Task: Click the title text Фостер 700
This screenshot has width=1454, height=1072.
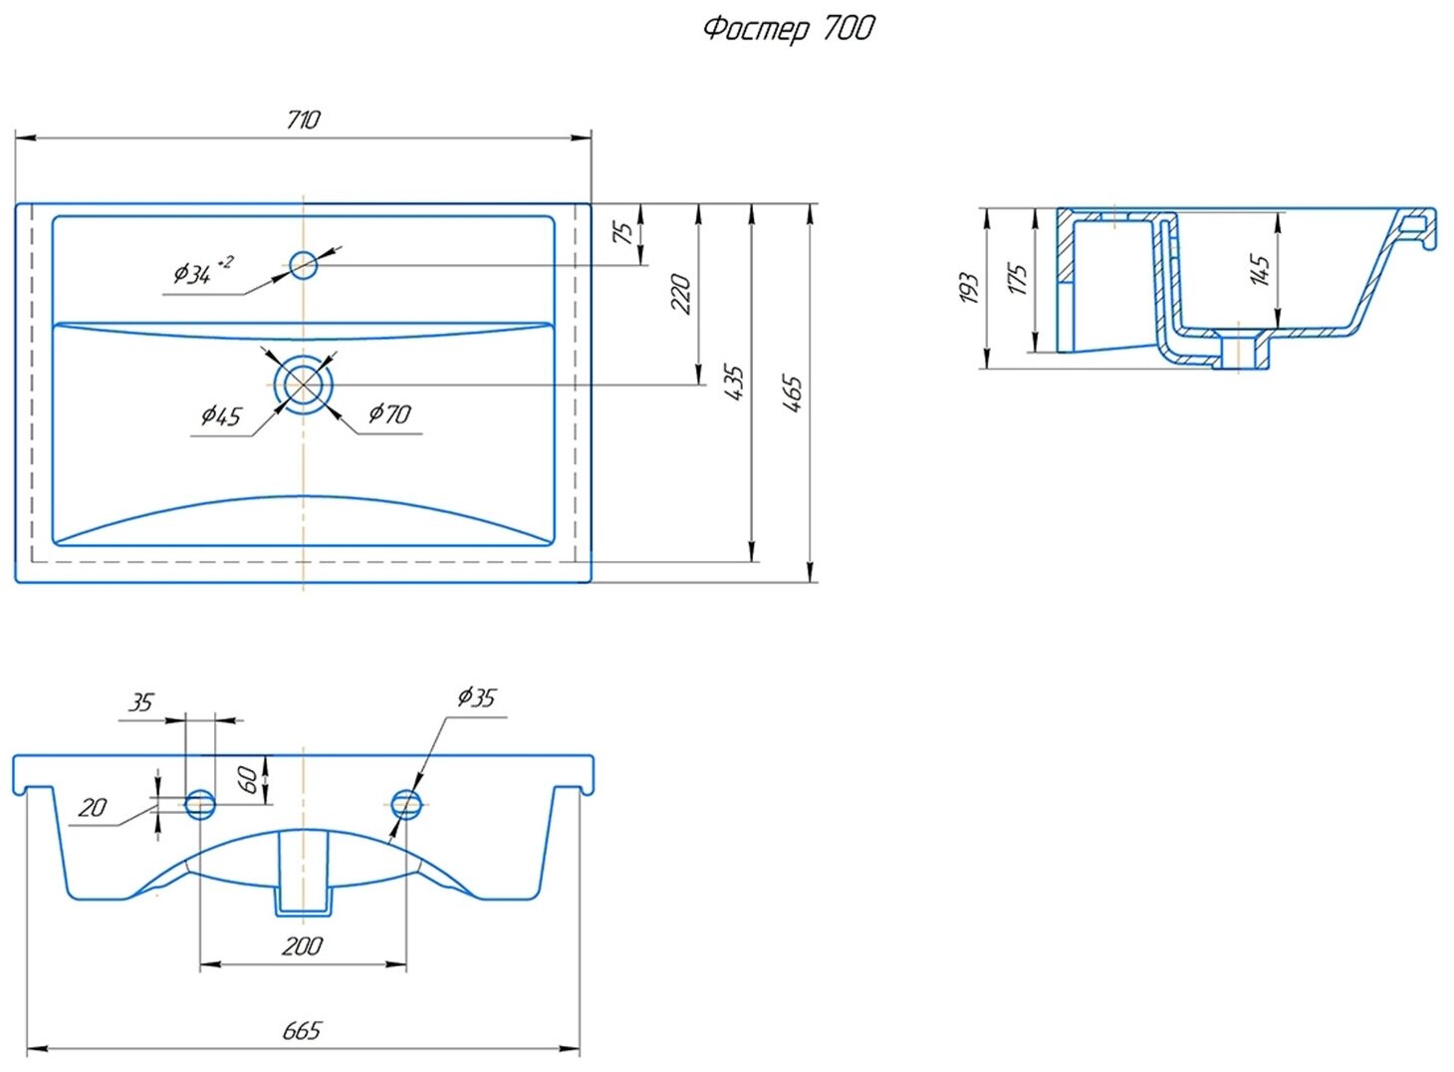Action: pos(788,28)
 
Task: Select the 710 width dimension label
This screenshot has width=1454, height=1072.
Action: pos(303,120)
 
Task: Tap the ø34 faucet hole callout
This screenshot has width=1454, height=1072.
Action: pos(202,271)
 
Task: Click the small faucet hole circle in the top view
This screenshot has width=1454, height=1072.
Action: pos(303,265)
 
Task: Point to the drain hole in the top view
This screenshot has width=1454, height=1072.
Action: pos(303,385)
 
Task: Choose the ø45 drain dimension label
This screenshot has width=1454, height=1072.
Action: pos(221,415)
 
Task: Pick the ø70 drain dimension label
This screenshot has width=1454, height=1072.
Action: pos(388,413)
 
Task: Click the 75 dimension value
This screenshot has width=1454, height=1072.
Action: pos(622,232)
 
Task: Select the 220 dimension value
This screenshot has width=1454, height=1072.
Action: pos(681,294)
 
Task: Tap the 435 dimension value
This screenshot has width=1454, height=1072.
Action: pos(734,382)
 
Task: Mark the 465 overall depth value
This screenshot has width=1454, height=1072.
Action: pos(792,393)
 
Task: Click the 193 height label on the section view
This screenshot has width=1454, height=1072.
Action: pos(968,288)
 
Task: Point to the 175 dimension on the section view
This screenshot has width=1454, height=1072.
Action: pos(1017,278)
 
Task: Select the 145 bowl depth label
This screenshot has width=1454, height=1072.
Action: pos(1259,270)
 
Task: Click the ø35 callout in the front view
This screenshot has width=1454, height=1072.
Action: pos(475,697)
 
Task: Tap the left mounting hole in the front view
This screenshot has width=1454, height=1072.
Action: pos(200,803)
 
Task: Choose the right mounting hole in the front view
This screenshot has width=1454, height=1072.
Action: pos(406,803)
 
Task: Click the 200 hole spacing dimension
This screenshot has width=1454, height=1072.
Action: pos(302,945)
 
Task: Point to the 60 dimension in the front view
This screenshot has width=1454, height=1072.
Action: pos(249,779)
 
